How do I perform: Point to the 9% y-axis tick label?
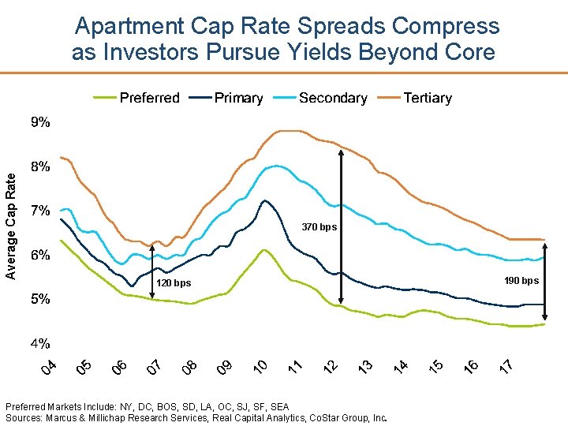(x=40, y=122)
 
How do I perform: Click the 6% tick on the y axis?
(x=40, y=255)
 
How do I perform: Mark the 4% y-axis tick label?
(x=40, y=343)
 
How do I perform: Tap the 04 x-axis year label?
(x=49, y=367)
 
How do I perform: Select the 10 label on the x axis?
(x=262, y=367)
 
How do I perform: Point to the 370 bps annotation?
(x=319, y=227)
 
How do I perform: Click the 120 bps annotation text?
(x=174, y=282)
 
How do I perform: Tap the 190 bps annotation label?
(x=521, y=281)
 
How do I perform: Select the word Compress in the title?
(x=446, y=26)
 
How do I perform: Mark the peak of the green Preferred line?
(x=264, y=250)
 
